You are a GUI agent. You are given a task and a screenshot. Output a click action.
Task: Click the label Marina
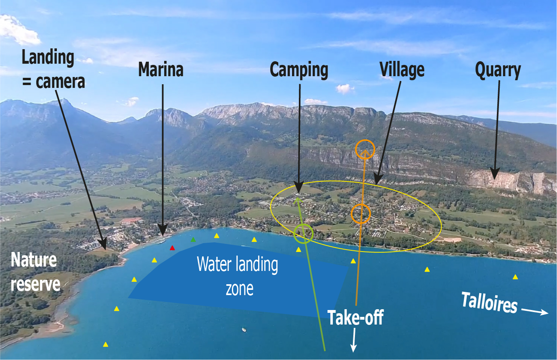pyautogui.click(x=161, y=69)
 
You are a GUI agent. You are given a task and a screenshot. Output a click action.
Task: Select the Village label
pyautogui.click(x=402, y=69)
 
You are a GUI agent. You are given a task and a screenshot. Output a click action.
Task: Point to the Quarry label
pyautogui.click(x=498, y=71)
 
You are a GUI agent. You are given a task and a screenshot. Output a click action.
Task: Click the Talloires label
pyautogui.click(x=489, y=302)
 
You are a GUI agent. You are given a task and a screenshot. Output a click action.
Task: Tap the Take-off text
pyautogui.click(x=356, y=318)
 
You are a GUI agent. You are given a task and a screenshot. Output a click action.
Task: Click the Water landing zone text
pyautogui.click(x=238, y=276)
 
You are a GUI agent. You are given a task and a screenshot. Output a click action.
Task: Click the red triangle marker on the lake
pyautogui.click(x=172, y=248)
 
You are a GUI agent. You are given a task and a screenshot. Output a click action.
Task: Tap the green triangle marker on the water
pyautogui.click(x=193, y=240)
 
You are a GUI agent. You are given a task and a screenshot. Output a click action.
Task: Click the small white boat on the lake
pyautogui.click(x=244, y=330)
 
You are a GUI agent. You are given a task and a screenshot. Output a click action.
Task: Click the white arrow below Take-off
pyautogui.click(x=354, y=340)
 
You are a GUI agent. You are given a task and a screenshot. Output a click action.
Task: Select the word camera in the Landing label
pyautogui.click(x=60, y=82)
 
